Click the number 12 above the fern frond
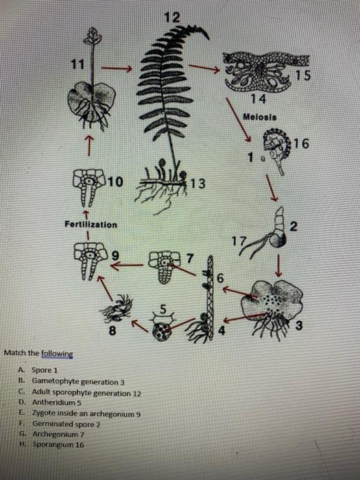point(172,17)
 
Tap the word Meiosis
point(260,117)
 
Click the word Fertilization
point(91,224)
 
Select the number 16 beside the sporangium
point(302,143)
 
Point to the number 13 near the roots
point(197,183)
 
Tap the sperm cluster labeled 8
point(117,308)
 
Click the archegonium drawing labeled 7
point(164,267)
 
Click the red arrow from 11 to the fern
point(116,69)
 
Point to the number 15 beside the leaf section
point(303,75)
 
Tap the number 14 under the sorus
point(259,99)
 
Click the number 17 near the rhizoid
point(239,241)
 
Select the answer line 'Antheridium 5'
point(57,403)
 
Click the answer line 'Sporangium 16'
point(58,444)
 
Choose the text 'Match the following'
point(38,353)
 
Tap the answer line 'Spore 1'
point(45,370)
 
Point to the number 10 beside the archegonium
point(116,182)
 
